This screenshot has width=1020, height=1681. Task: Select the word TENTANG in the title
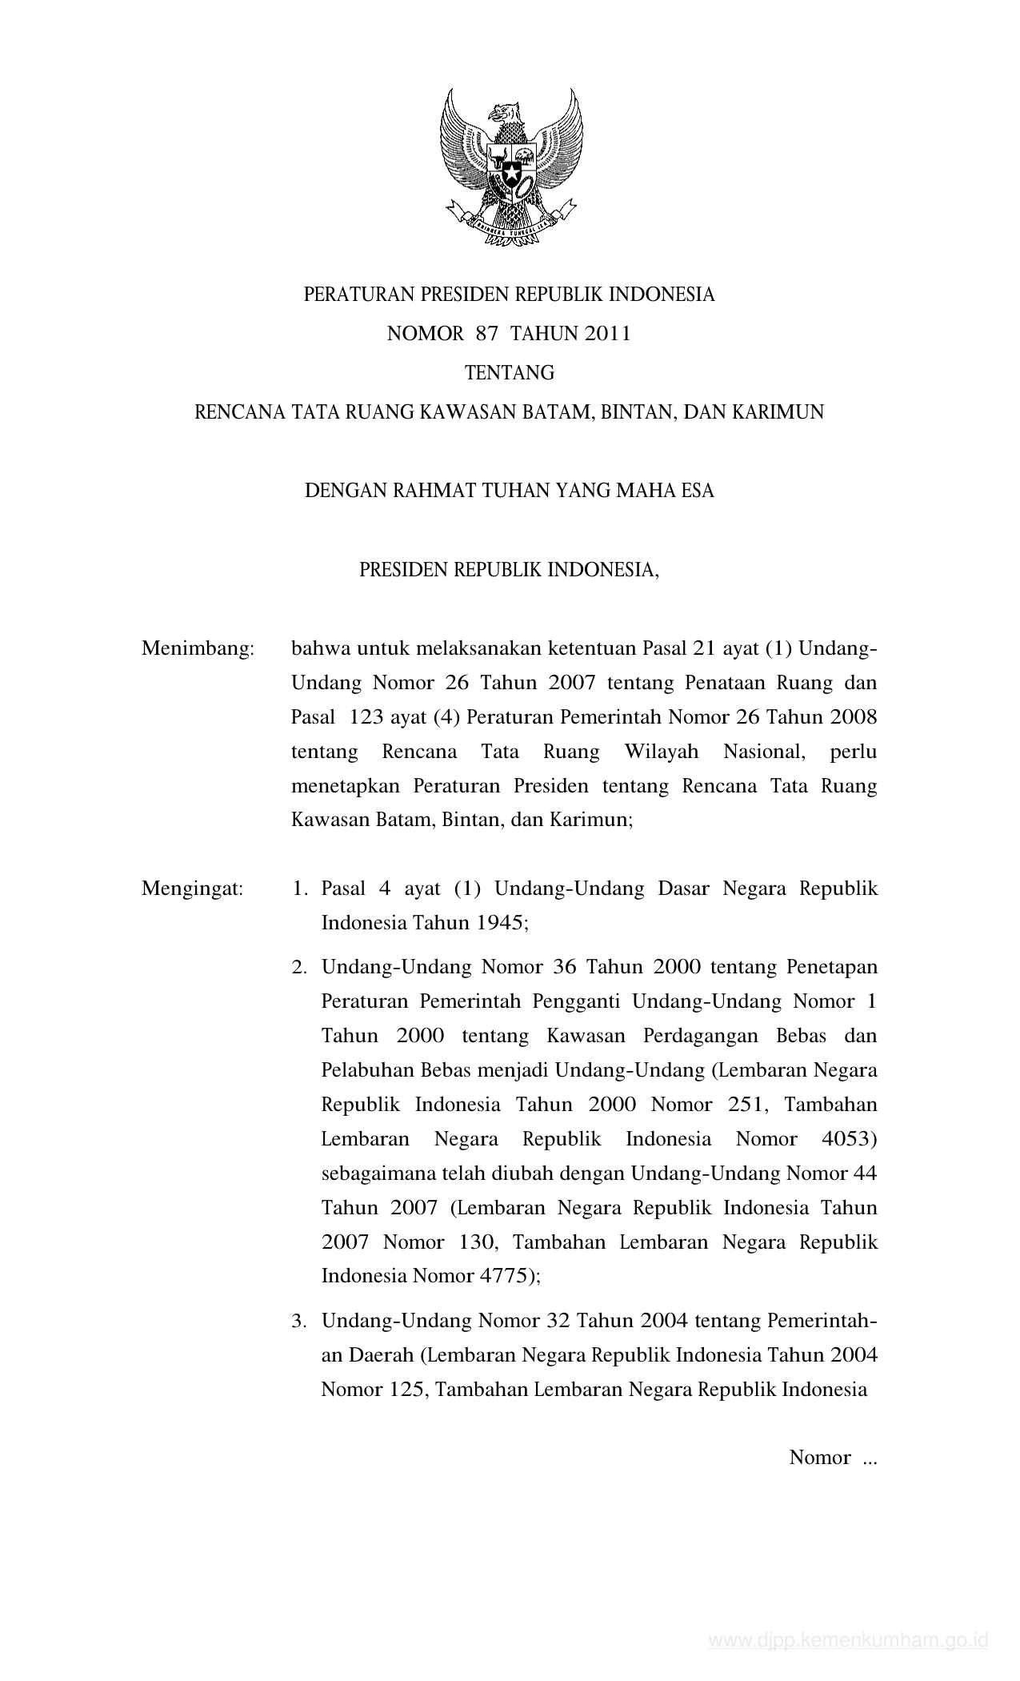(510, 373)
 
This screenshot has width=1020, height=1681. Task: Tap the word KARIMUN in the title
(775, 412)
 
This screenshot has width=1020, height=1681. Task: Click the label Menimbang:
(198, 648)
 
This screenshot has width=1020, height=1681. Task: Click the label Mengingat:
(193, 889)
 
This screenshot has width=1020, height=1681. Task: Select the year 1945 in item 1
(502, 923)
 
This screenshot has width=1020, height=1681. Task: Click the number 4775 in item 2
(504, 1276)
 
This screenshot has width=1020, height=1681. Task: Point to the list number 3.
(299, 1322)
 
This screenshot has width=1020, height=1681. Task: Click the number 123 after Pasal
(367, 717)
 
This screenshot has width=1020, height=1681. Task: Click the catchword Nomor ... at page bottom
(833, 1458)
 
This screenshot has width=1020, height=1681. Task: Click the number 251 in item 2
(747, 1105)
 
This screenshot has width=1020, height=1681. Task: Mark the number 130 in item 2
(479, 1242)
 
